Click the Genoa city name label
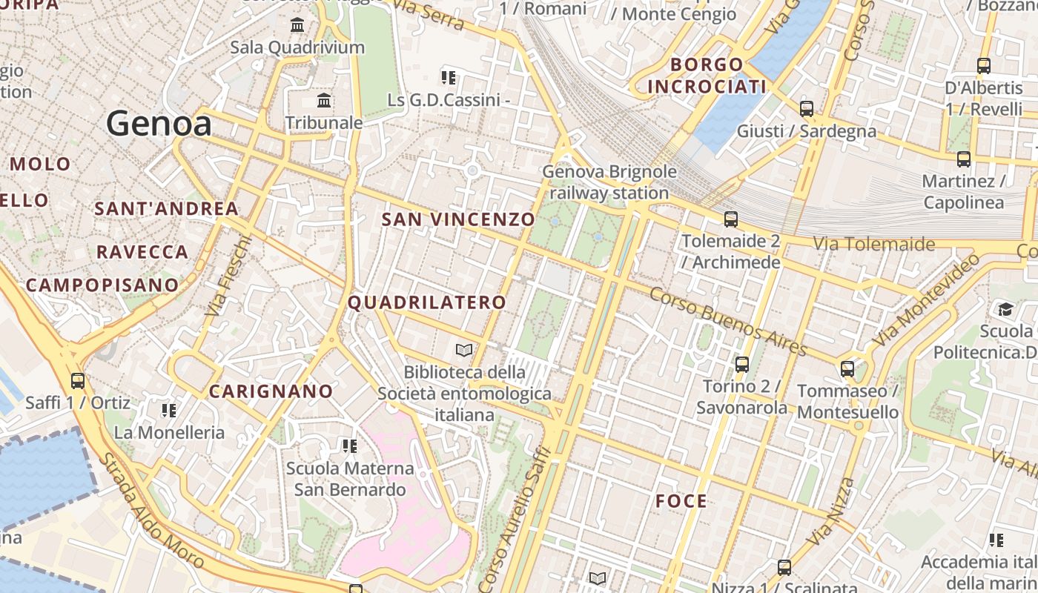[159, 123]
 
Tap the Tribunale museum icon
[324, 100]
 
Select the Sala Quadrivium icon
[297, 25]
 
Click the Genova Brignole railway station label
[609, 182]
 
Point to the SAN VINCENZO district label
[457, 219]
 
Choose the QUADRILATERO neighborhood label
[426, 302]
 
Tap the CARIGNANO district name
[271, 391]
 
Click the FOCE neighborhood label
[681, 502]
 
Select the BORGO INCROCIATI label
[706, 76]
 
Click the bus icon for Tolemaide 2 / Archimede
[731, 219]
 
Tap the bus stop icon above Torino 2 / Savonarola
[742, 365]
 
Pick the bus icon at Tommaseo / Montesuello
[847, 369]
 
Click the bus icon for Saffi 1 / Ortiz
[78, 382]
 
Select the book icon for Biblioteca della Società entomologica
[464, 350]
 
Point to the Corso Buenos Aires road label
[727, 321]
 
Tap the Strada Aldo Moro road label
[151, 511]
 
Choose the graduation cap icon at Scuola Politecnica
[1005, 309]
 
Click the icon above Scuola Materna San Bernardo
[349, 446]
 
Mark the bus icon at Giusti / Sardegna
[807, 110]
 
